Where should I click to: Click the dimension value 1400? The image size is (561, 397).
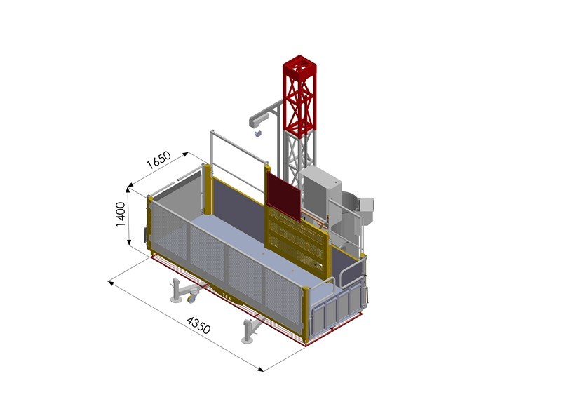click(x=120, y=214)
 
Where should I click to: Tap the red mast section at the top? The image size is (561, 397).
click(x=300, y=95)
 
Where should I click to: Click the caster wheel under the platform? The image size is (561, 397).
click(x=191, y=297)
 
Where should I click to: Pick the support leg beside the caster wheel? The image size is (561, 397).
click(x=175, y=289)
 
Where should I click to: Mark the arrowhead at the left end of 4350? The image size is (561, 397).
click(x=110, y=282)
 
